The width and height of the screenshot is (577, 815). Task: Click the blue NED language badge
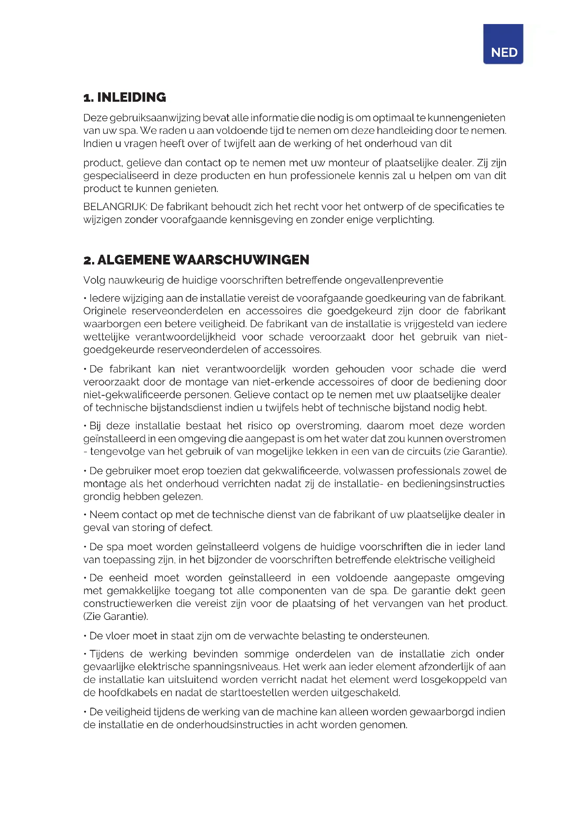[503, 44]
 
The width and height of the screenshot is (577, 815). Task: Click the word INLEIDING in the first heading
[132, 97]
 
